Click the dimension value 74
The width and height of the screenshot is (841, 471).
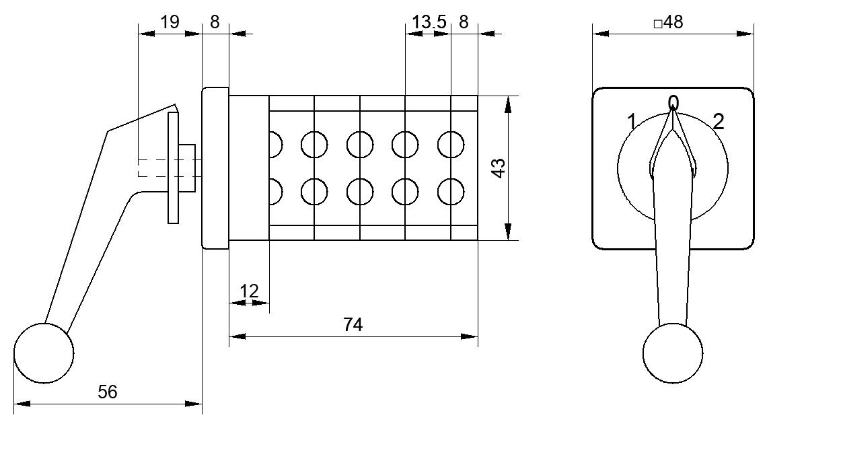353,324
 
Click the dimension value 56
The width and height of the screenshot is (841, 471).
108,392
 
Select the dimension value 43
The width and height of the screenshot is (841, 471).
499,168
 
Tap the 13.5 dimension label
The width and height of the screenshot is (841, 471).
429,22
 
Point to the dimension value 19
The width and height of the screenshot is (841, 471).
170,22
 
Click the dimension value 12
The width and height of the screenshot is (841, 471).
249,291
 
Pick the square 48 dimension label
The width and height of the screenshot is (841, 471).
668,22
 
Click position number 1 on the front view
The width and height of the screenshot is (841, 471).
632,122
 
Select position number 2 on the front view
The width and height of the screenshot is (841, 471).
719,122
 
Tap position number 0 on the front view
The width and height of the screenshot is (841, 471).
673,102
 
